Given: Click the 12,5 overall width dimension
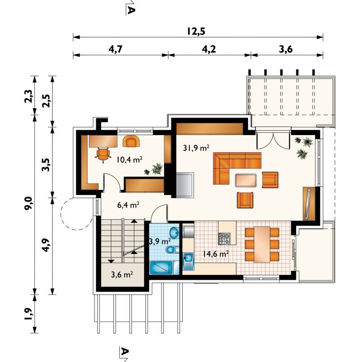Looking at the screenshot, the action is pos(196,32).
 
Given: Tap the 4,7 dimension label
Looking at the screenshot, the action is pos(115,49).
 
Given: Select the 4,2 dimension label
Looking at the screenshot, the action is pos(209,49).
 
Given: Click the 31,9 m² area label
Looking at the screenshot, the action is pos(196,148).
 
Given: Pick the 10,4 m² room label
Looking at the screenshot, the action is pos(129,159).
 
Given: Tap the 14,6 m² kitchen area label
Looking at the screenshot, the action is pos(216,254).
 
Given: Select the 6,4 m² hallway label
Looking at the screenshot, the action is pos(128,204).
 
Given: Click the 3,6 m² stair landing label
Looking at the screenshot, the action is pos(122,275).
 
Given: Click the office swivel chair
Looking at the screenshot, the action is pos(103,154).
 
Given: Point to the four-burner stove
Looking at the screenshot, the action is pos(224,239).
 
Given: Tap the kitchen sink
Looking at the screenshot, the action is pos(189,261).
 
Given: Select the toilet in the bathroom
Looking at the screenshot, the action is pos(172,249).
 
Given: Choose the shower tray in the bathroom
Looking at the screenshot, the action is pos(161,268).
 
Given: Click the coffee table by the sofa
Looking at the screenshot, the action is pos(246,180).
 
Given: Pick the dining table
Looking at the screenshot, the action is pos(262,244).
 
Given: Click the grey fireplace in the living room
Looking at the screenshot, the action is pos(185,185).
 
